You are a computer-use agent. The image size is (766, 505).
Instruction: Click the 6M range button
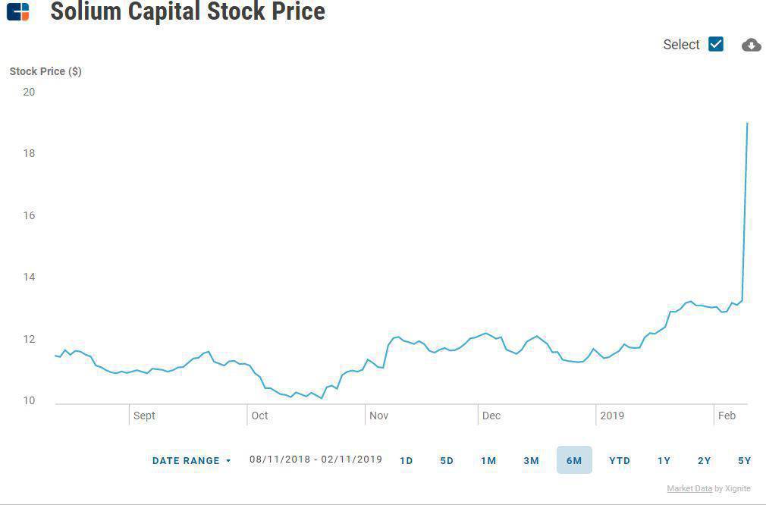point(574,460)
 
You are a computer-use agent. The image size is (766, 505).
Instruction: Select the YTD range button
point(620,460)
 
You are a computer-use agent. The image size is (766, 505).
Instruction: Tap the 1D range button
point(407,460)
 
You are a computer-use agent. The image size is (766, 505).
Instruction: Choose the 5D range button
point(447,460)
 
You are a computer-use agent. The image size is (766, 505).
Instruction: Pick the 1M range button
point(488,460)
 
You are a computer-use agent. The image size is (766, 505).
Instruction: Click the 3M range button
point(531,460)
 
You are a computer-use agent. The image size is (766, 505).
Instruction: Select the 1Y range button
point(664,460)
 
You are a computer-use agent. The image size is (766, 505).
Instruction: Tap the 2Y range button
point(705,460)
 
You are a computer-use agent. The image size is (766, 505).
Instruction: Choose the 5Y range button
point(744,460)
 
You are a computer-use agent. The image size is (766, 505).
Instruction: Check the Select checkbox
point(716,44)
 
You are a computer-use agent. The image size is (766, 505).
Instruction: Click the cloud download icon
point(751,45)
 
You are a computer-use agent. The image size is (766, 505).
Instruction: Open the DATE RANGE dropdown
point(191,460)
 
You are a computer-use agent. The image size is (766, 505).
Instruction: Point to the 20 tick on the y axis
point(29,92)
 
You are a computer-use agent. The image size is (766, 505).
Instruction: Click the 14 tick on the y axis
point(29,277)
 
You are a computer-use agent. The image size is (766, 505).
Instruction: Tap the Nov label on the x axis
point(378,416)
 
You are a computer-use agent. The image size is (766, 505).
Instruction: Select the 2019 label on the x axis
point(611,416)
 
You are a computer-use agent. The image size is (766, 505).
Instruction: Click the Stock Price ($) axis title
point(46,71)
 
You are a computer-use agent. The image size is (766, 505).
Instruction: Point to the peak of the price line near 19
point(747,123)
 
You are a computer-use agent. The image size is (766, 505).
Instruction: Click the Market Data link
point(689,488)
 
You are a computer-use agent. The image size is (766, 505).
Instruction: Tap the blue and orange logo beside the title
point(17,11)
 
